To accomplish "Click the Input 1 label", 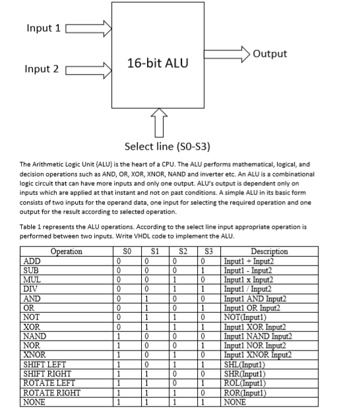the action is pyautogui.click(x=43, y=28).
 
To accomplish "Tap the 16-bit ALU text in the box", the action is pyautogui.click(x=157, y=63).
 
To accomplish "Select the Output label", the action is pyautogui.click(x=270, y=53).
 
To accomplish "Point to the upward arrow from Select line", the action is pyautogui.click(x=157, y=122).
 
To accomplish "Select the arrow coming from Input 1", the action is pyautogui.click(x=88, y=28).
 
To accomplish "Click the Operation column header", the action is pyautogui.click(x=66, y=251).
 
